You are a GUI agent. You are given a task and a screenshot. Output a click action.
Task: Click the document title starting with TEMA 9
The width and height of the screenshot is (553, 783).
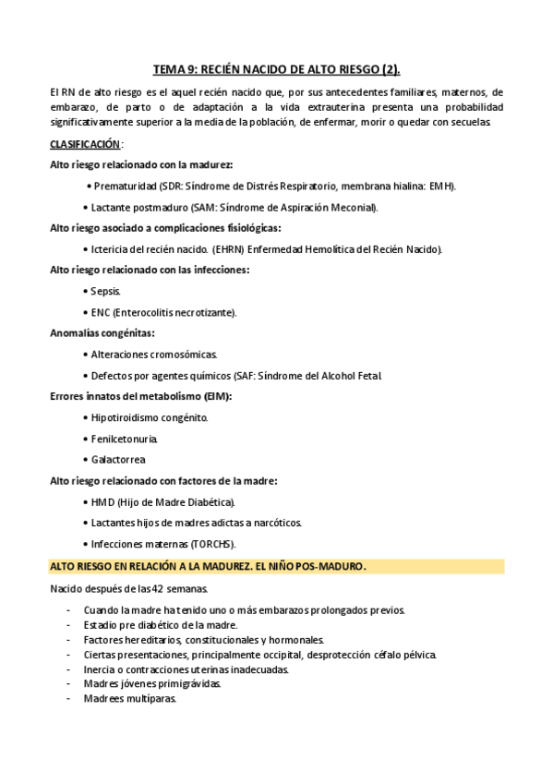tap(276, 68)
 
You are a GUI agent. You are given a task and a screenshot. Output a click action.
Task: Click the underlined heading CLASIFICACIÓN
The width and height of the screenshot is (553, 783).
tap(84, 144)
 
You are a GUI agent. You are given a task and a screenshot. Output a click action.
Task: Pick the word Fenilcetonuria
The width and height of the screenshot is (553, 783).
tap(125, 439)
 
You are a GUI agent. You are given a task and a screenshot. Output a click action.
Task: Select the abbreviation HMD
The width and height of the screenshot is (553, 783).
tap(102, 502)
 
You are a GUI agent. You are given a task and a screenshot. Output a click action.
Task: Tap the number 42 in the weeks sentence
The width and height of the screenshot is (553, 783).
tap(160, 589)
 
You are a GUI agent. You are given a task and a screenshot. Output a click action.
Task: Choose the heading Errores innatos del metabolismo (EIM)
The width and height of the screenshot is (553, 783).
tap(140, 396)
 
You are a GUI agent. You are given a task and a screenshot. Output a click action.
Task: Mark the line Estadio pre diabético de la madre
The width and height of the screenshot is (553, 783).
tap(148, 625)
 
